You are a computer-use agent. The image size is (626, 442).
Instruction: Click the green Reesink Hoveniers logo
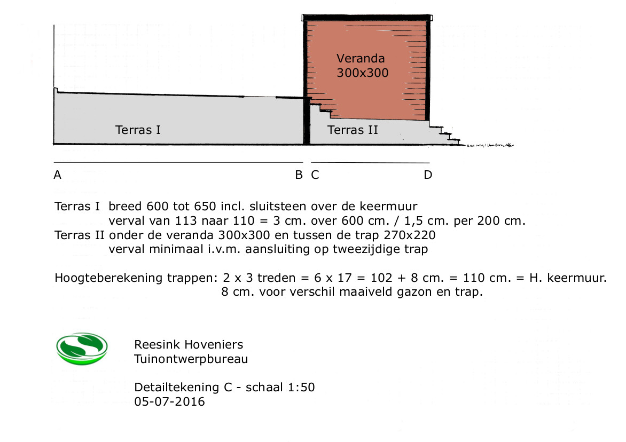pos(82,349)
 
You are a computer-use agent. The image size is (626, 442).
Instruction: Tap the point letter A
pos(58,175)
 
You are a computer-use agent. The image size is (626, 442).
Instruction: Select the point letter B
pos(299,175)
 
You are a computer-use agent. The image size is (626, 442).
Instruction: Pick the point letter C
pos(315,175)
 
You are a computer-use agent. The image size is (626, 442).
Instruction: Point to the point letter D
pos(428,175)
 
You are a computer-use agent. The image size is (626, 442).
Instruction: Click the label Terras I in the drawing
pos(138,130)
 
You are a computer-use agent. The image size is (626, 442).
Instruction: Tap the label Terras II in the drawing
pos(353,130)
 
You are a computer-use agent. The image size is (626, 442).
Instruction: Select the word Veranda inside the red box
pos(361,59)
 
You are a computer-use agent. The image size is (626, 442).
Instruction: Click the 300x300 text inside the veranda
pos(363,73)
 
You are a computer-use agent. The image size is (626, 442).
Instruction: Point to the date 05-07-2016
pos(170,402)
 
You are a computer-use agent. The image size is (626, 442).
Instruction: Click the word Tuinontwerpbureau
pos(191,359)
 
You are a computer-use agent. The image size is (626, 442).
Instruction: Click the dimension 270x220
pos(410,235)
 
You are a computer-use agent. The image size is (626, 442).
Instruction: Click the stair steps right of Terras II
pos(445,135)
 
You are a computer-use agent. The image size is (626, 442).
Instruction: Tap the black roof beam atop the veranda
pos(367,18)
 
